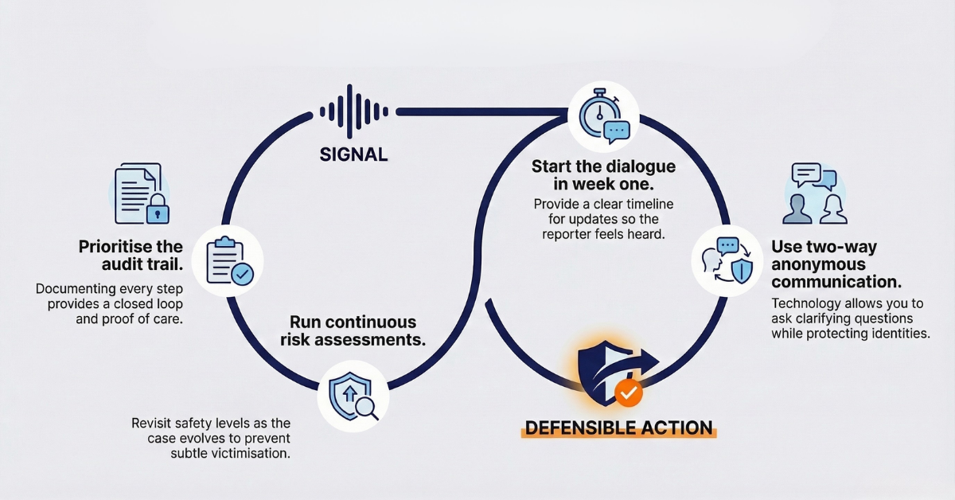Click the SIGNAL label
pos(353,154)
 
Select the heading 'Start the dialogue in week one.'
pos(603,176)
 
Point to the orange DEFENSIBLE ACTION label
pos(618,428)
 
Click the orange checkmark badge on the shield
pos(629,393)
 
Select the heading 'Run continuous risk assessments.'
pos(353,331)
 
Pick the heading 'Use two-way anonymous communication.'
pos(836,264)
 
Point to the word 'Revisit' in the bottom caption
pos(151,422)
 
